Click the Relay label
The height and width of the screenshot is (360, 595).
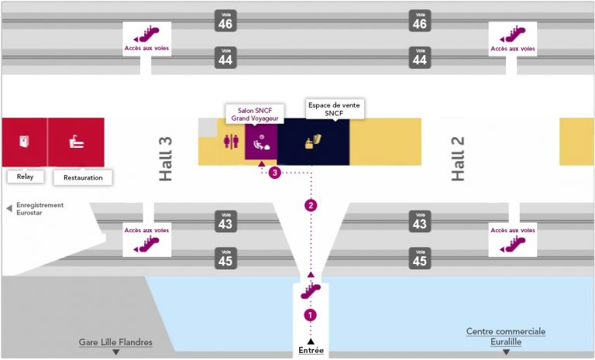(x=25, y=177)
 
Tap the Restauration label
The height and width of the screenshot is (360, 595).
(x=82, y=177)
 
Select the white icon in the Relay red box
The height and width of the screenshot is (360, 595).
(x=24, y=142)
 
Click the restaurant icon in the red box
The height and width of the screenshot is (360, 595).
(x=76, y=142)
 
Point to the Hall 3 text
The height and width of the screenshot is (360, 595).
(x=165, y=159)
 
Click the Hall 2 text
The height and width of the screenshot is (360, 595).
(x=458, y=159)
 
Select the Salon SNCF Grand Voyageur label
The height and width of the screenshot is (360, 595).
(x=254, y=115)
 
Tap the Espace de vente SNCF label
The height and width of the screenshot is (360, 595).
(x=335, y=109)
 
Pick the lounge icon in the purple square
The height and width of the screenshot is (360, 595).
(x=261, y=142)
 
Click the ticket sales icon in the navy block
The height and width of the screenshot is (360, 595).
(x=313, y=142)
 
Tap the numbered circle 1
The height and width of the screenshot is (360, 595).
(x=311, y=315)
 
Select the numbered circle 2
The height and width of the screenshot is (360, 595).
(x=311, y=205)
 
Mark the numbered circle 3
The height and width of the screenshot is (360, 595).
(x=274, y=173)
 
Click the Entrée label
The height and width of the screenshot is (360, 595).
(x=311, y=351)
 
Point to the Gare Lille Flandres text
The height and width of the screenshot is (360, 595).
(x=115, y=342)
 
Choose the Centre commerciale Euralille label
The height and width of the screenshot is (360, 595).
(x=505, y=336)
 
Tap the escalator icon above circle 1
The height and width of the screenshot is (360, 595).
(x=311, y=292)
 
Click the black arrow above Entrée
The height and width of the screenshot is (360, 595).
(x=311, y=341)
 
